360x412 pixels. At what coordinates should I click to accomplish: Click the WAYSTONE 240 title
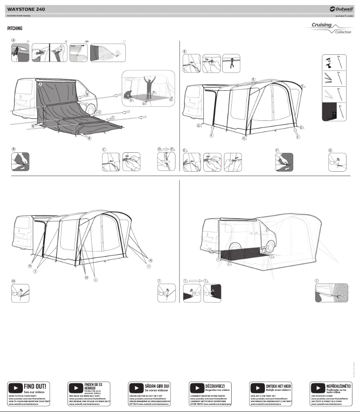point(26,9)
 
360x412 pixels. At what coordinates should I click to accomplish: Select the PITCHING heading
point(15,28)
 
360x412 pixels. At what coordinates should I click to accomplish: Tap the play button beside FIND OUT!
point(15,388)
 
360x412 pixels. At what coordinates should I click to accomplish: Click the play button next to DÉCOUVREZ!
point(197,388)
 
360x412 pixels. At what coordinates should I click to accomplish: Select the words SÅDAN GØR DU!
point(157,386)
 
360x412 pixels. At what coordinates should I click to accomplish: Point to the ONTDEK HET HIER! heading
point(278,386)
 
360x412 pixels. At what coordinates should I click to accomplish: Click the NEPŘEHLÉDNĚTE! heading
point(339,386)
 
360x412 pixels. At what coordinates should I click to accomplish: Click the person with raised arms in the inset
point(149,85)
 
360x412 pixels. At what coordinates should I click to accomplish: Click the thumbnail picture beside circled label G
point(338,162)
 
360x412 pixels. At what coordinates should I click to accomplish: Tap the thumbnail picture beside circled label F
point(284,162)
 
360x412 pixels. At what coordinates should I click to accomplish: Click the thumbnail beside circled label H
point(20,293)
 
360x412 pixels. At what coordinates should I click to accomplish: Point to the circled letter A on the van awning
point(40,84)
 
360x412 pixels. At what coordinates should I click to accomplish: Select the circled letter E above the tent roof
point(254,79)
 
